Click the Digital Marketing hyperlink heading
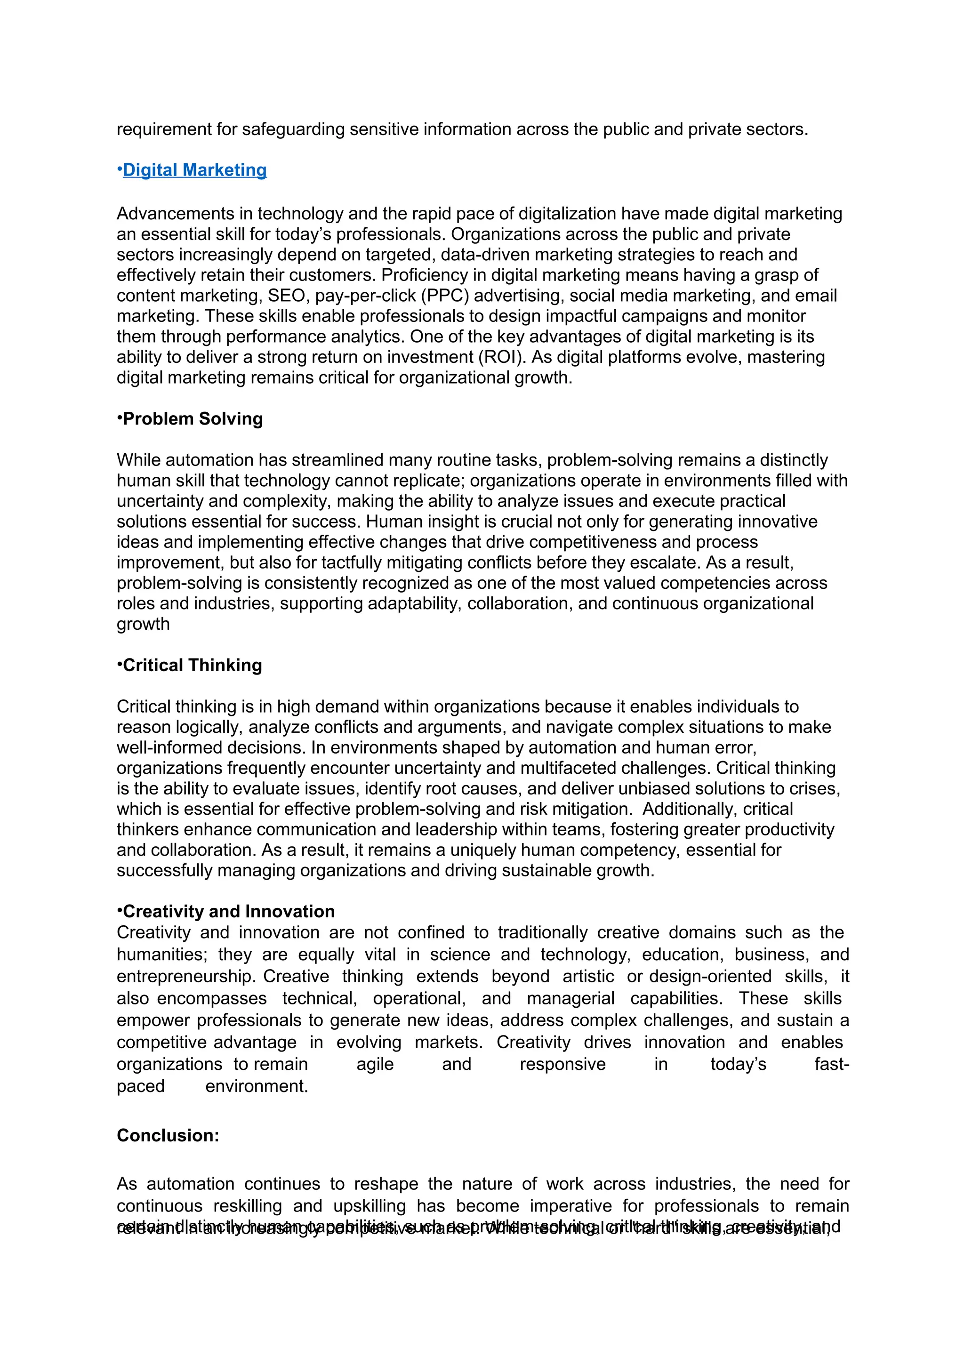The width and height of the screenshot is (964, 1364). click(194, 170)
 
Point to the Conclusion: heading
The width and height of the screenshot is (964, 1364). click(168, 1135)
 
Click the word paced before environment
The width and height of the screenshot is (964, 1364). click(140, 1087)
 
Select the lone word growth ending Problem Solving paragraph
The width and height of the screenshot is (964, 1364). click(143, 625)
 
